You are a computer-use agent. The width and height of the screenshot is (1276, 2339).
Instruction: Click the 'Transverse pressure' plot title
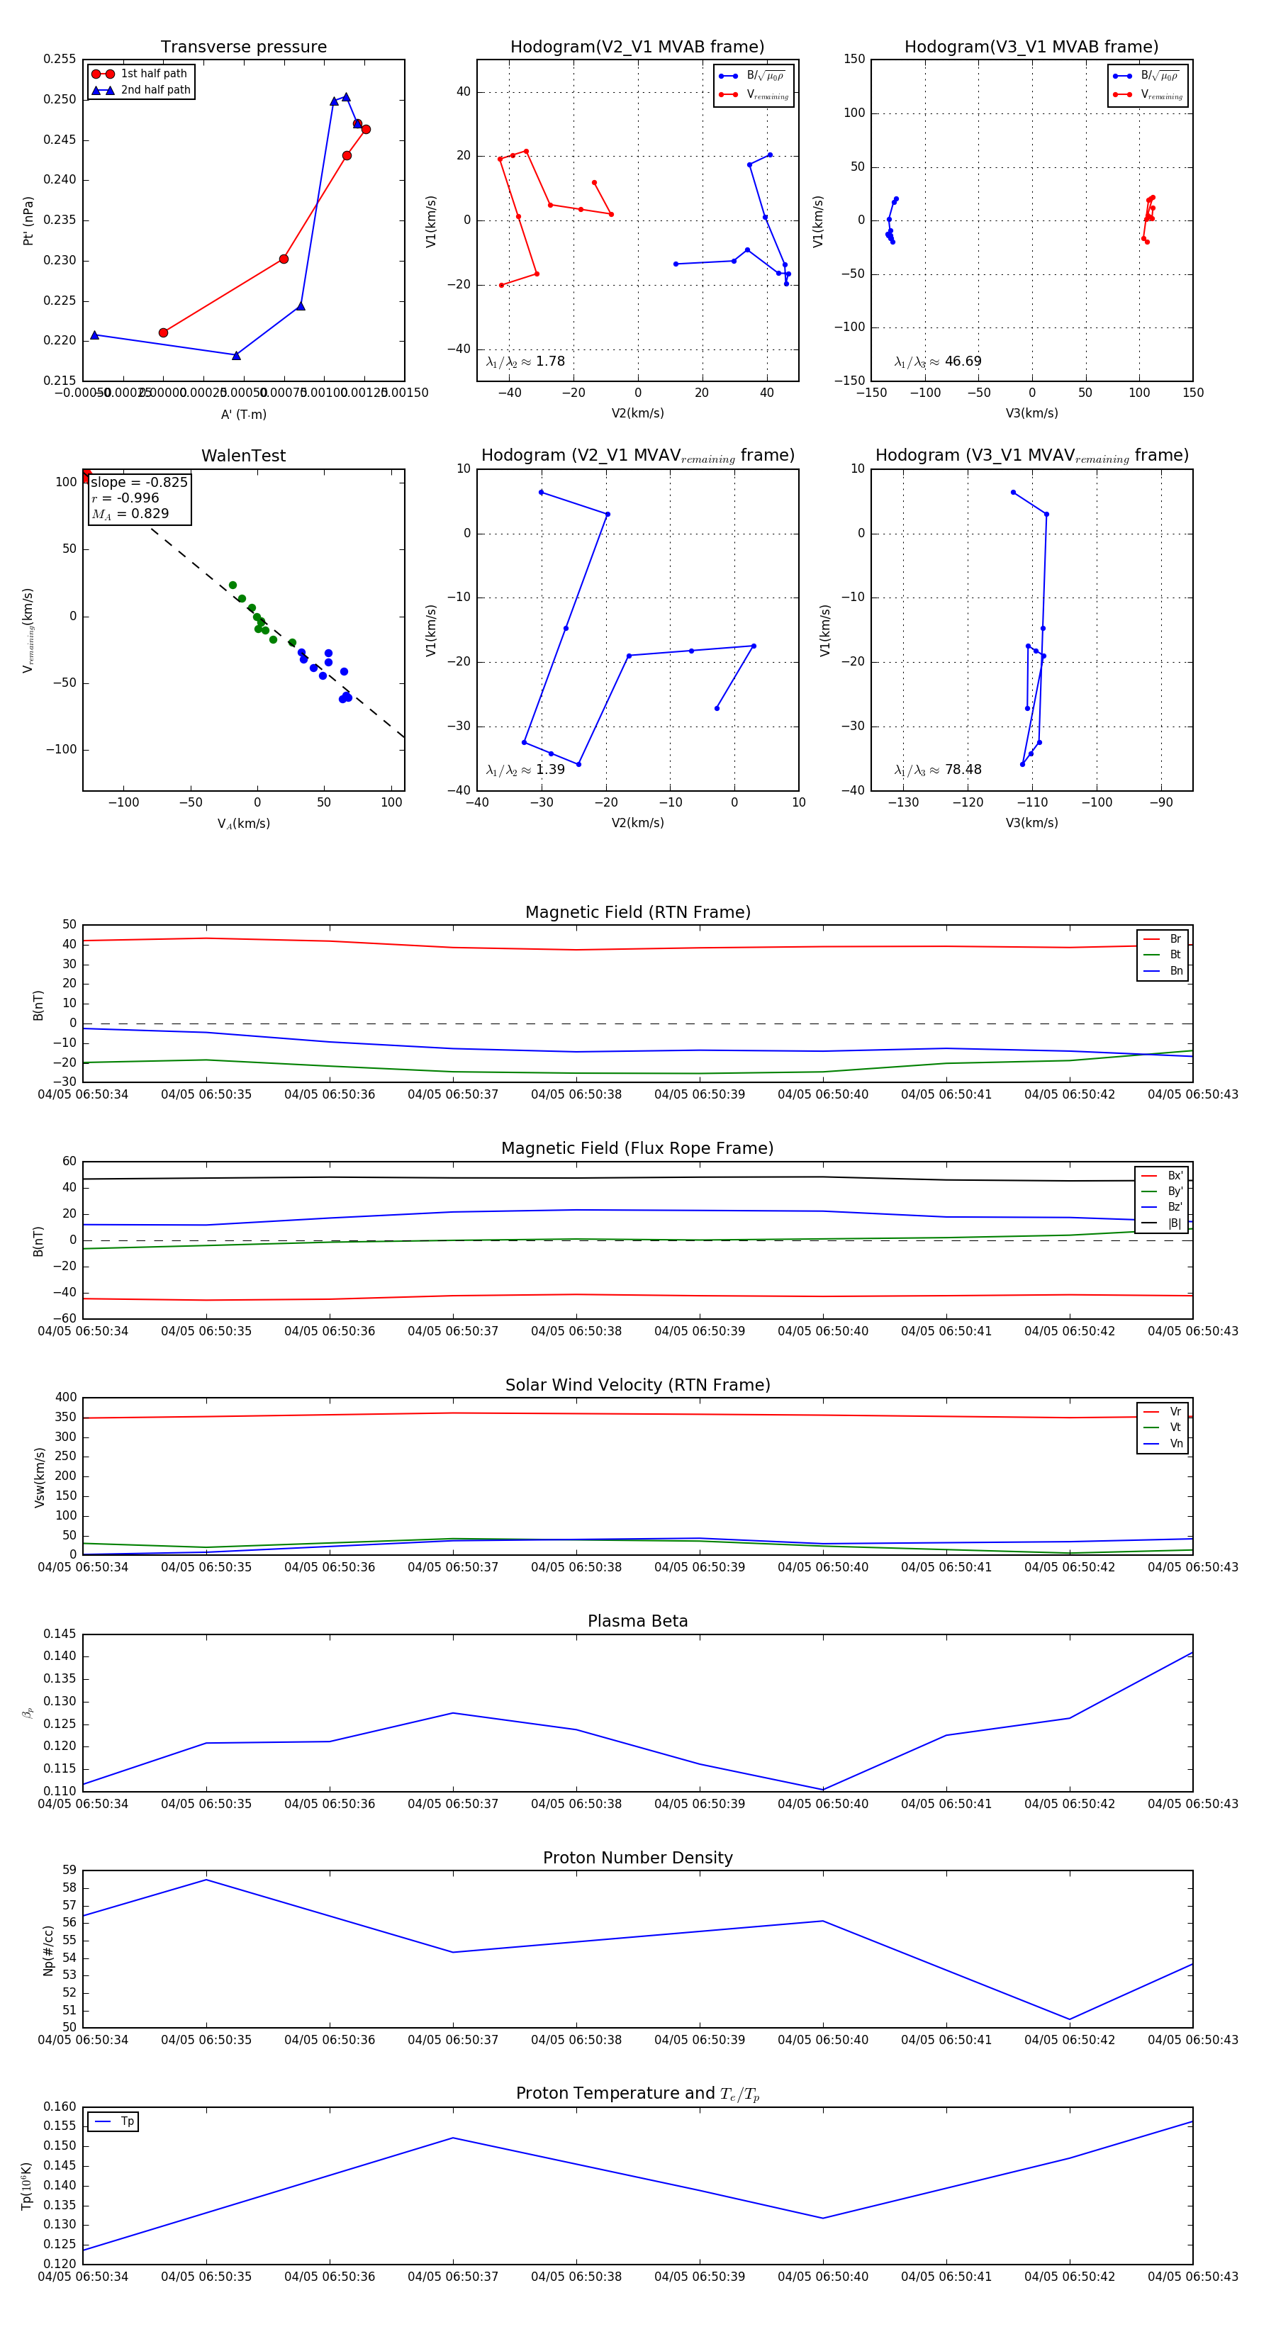(243, 47)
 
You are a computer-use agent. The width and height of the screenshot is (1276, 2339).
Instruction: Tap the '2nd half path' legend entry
(155, 90)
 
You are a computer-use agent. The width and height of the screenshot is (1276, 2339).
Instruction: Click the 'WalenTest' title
(243, 456)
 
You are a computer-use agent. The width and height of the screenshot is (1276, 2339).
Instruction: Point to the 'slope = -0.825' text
(139, 482)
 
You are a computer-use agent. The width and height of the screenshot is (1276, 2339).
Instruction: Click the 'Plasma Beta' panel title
(637, 1621)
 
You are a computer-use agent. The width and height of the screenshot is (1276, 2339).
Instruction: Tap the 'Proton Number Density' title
(637, 1857)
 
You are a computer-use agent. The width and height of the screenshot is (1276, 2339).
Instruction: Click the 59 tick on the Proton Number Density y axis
(69, 1870)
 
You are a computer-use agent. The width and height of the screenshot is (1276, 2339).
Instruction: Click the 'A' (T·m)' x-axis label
(243, 414)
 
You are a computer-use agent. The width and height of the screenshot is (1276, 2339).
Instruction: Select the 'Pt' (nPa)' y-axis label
(28, 220)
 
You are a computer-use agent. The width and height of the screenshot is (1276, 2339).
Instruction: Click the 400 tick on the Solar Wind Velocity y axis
(65, 1398)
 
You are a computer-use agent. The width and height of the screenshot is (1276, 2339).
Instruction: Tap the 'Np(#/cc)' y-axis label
(48, 1949)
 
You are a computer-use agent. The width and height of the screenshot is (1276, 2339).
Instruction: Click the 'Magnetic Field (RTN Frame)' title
(637, 912)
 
